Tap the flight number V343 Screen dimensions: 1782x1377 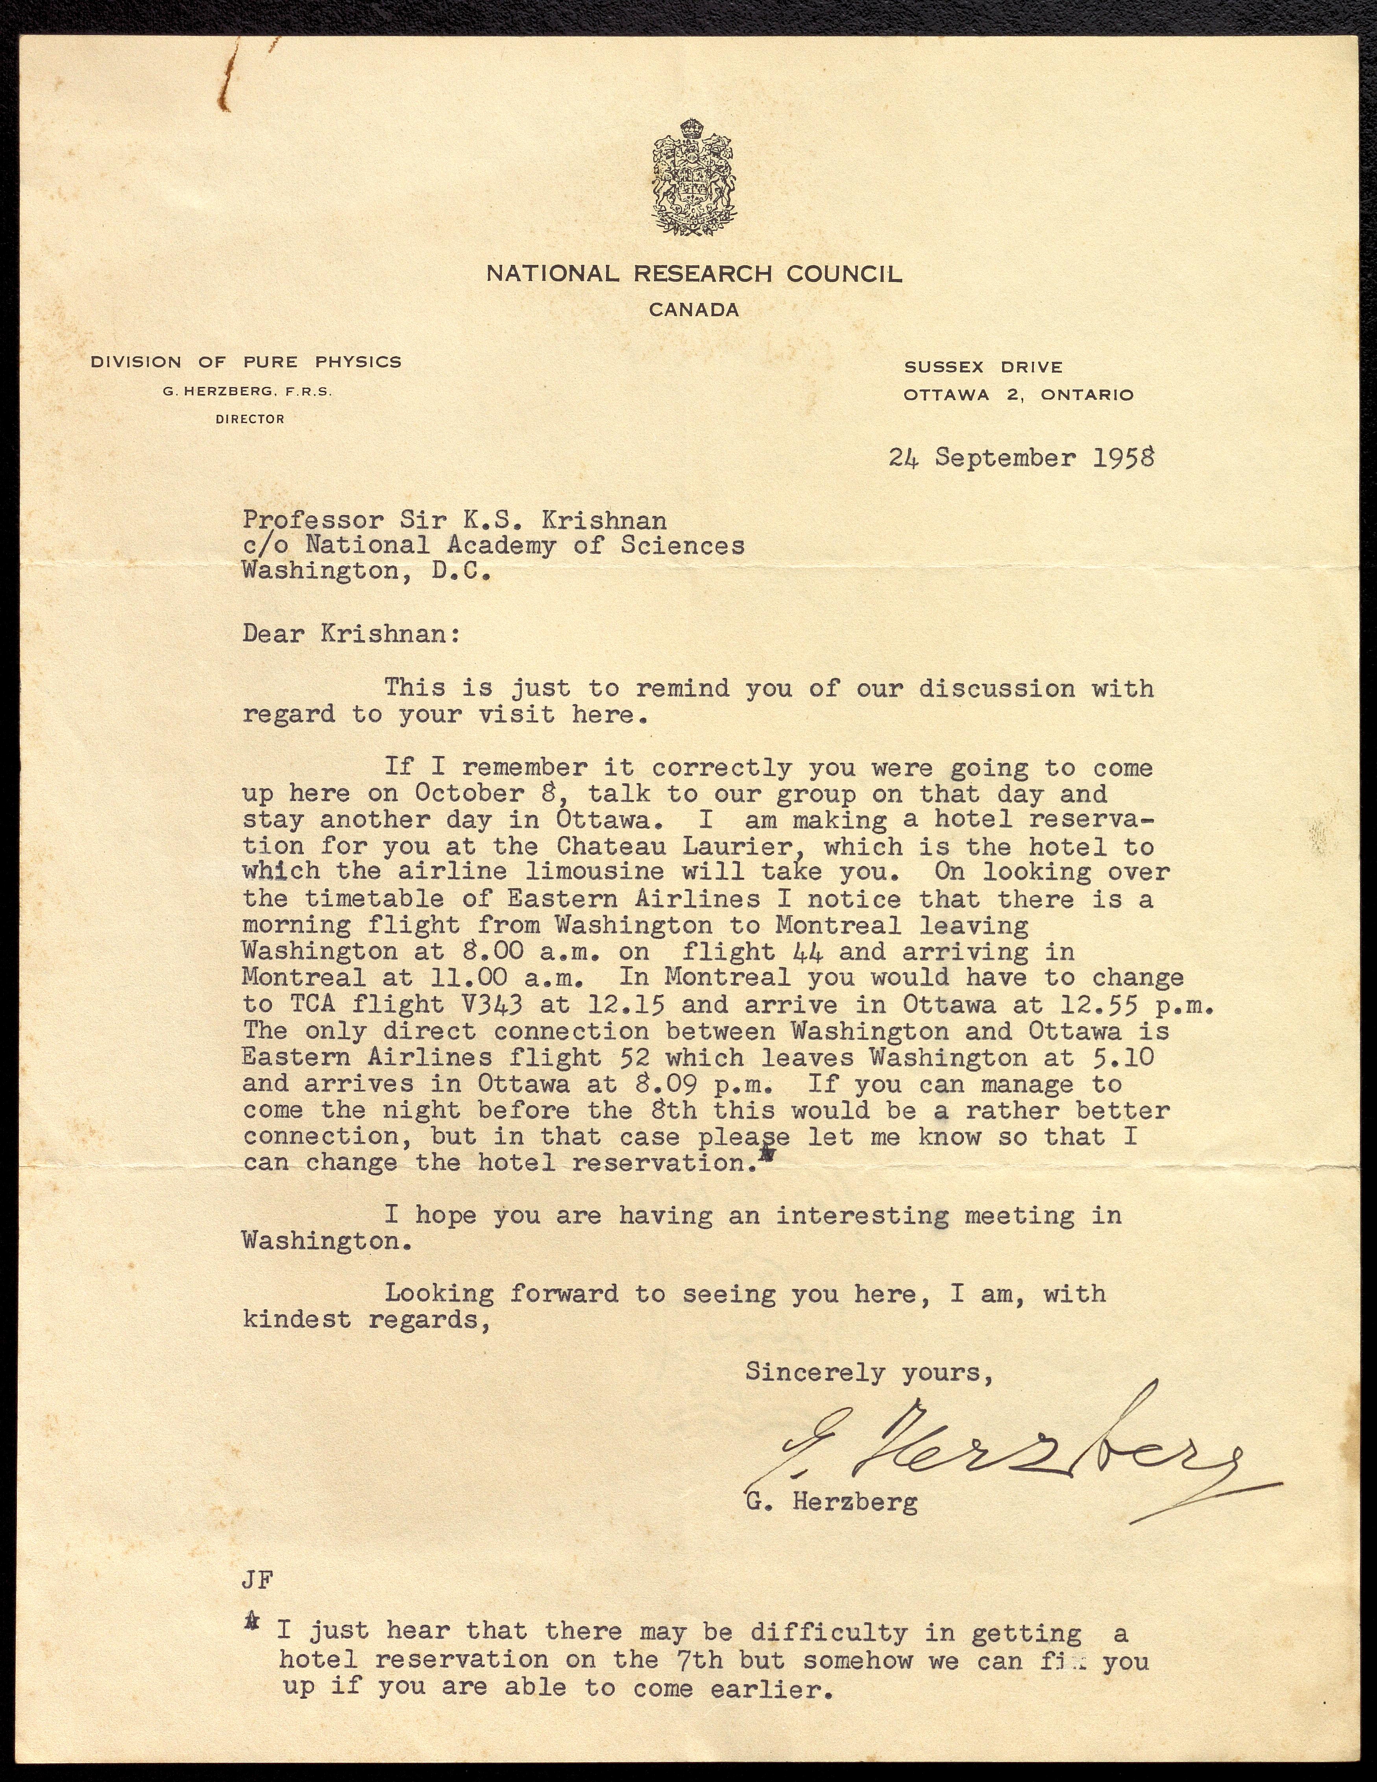pyautogui.click(x=501, y=1004)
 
